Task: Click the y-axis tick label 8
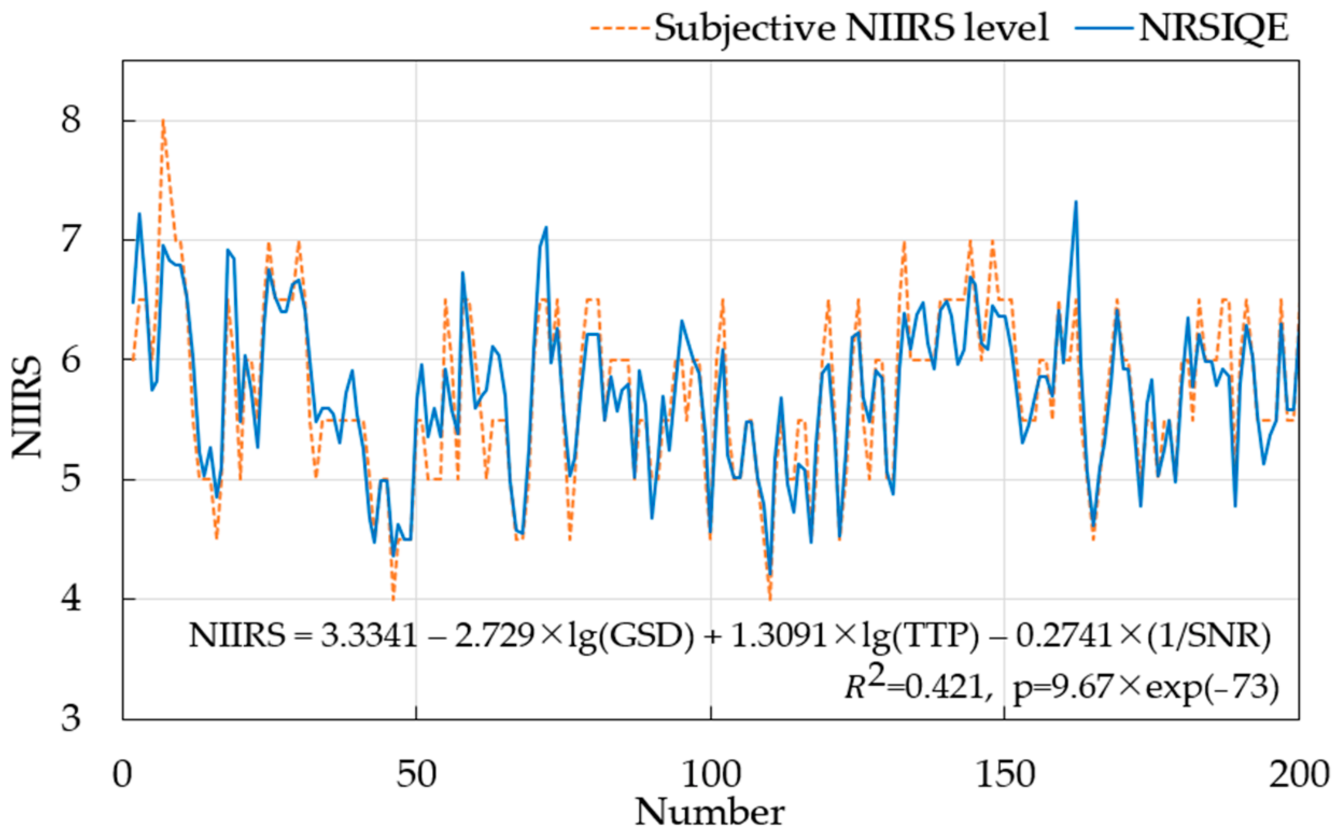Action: click(x=71, y=121)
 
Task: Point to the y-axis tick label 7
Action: click(x=71, y=240)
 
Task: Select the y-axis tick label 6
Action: click(x=71, y=360)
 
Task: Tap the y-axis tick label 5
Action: click(x=71, y=480)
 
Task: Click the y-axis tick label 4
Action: click(x=71, y=599)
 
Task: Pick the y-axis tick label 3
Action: click(x=71, y=719)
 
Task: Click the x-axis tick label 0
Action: click(x=123, y=774)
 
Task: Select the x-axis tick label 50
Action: click(x=416, y=774)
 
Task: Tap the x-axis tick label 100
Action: click(x=710, y=774)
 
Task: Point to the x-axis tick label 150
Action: click(x=1004, y=774)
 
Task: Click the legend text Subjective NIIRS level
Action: click(x=850, y=27)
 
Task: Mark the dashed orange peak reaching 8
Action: click(x=164, y=121)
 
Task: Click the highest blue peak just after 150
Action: click(x=1075, y=202)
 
